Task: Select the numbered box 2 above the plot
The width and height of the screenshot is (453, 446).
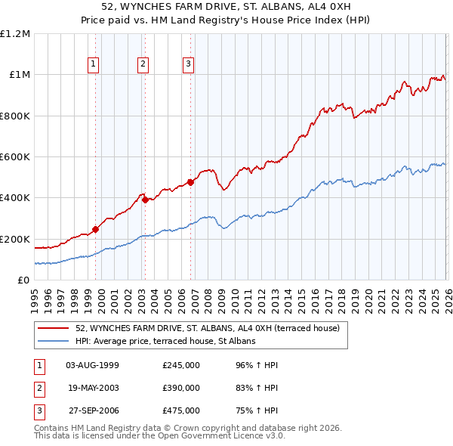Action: [x=143, y=65]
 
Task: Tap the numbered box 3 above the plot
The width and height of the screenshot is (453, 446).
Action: [x=188, y=65]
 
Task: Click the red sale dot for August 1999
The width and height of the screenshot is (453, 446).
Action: [x=95, y=230]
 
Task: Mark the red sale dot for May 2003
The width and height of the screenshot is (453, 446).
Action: [x=145, y=200]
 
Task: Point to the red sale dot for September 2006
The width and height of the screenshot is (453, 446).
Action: [x=190, y=182]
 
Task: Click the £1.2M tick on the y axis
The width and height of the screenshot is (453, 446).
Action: [x=15, y=34]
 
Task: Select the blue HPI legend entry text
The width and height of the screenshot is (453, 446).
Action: [x=165, y=341]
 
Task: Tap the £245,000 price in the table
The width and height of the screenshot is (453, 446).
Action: [x=181, y=365]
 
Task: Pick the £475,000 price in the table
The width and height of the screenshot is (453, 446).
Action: [x=181, y=410]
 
